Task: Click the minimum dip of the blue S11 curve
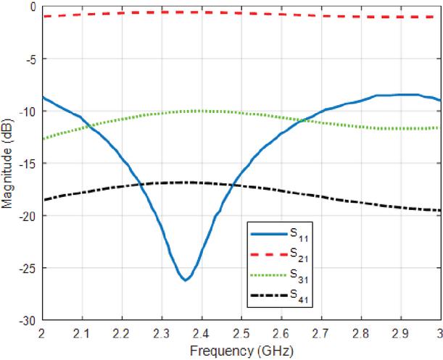click(x=186, y=280)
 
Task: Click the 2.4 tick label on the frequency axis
click(x=202, y=333)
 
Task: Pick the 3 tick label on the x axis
click(x=439, y=333)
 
